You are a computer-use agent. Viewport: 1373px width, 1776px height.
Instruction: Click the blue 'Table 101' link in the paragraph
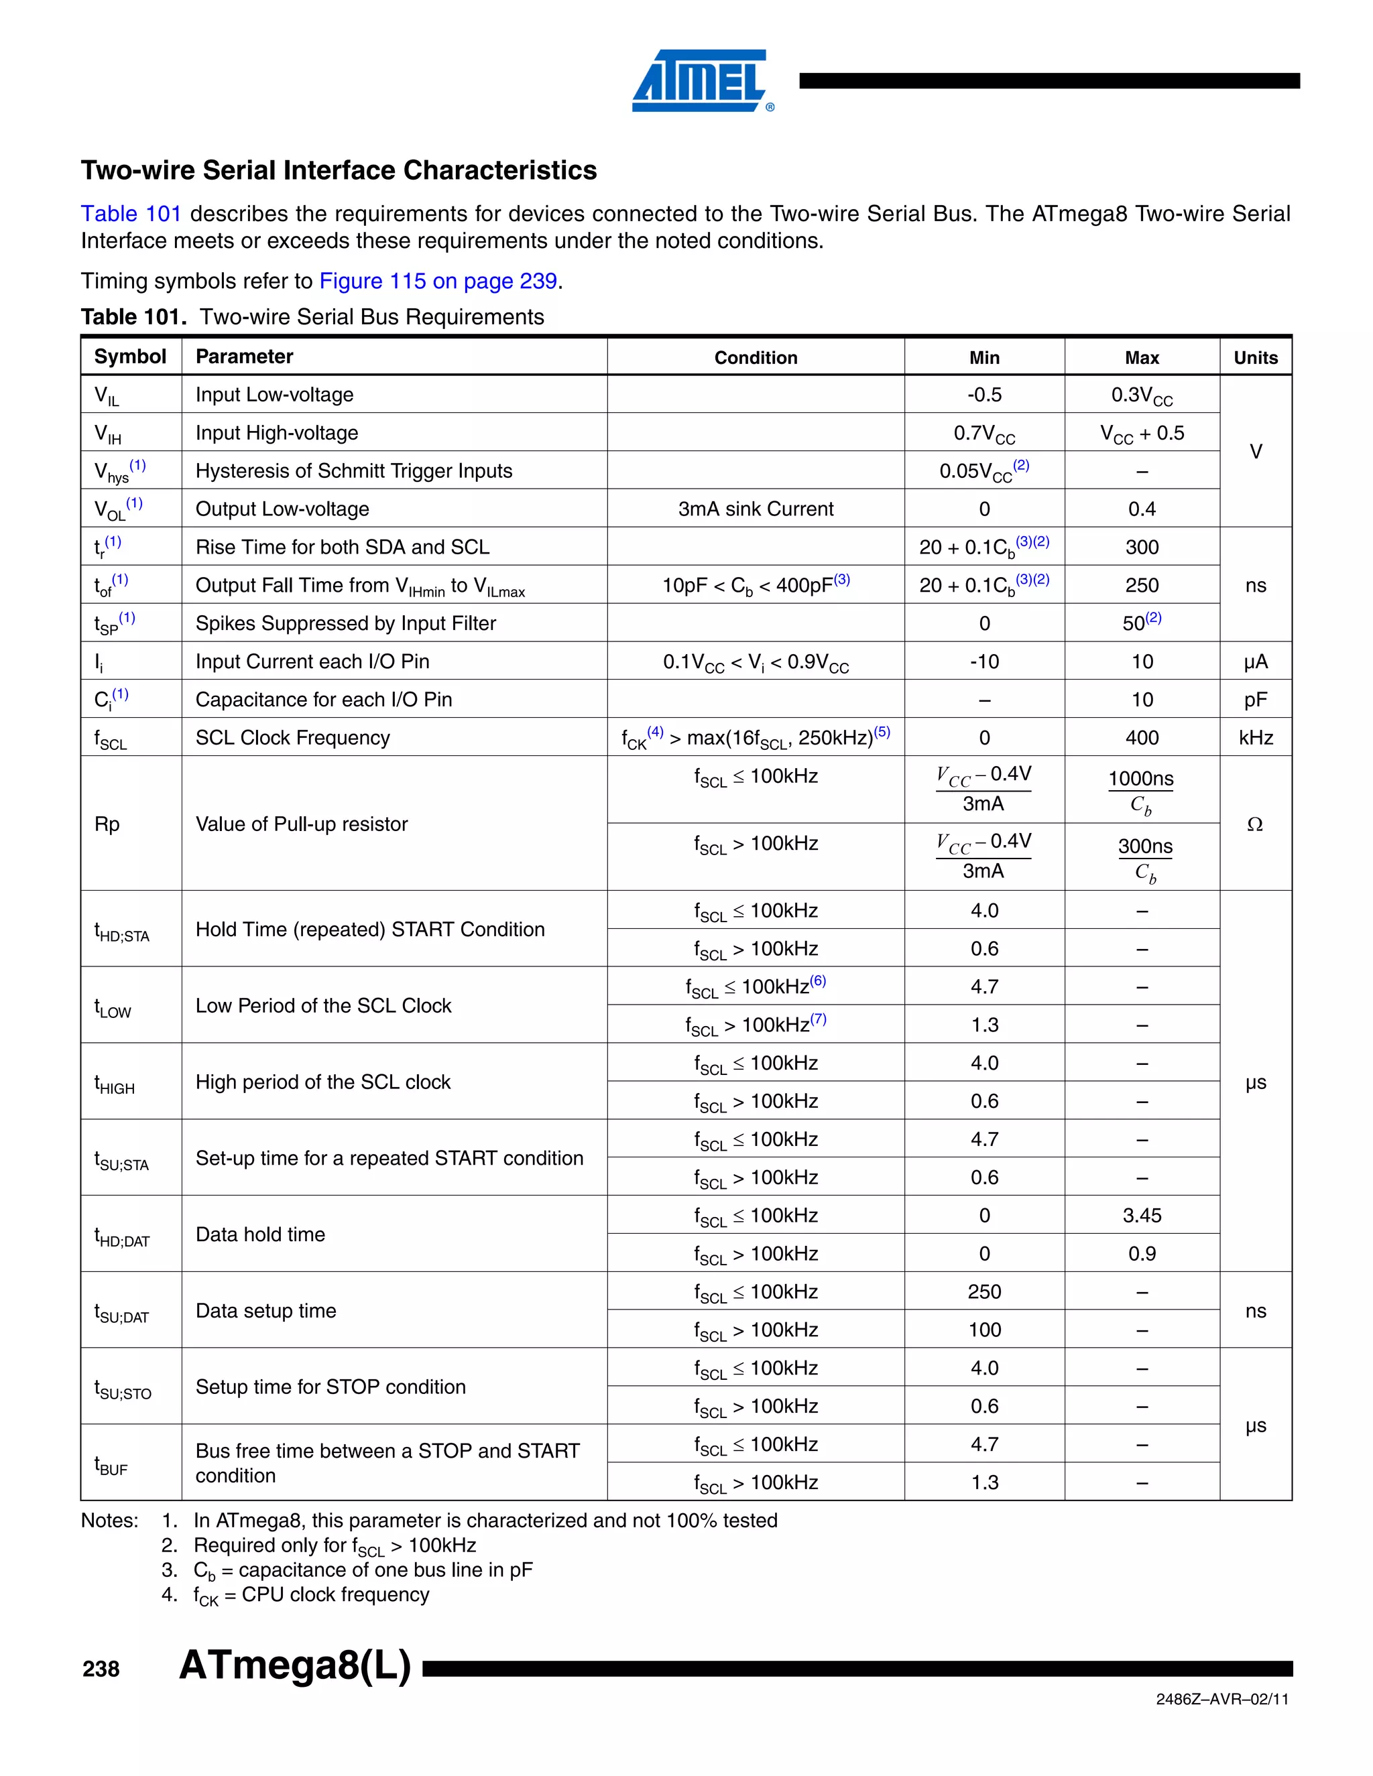(x=130, y=214)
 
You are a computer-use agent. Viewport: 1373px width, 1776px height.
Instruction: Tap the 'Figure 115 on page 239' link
(x=438, y=281)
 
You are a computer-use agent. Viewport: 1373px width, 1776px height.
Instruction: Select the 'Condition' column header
(x=755, y=358)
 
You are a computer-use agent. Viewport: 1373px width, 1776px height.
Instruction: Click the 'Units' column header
(x=1255, y=358)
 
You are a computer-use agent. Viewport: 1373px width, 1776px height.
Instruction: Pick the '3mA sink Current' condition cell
(x=755, y=509)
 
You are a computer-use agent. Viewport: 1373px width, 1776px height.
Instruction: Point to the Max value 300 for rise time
(x=1141, y=548)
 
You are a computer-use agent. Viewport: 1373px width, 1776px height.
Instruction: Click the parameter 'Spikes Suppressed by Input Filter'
(x=345, y=624)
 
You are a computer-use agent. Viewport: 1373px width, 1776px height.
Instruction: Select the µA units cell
(x=1255, y=662)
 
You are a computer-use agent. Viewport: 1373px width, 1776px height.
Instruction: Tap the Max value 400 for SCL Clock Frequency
(x=1141, y=739)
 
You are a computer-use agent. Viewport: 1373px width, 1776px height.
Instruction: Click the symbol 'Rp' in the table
(x=107, y=824)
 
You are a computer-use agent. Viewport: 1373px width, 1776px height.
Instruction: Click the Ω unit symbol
(x=1254, y=824)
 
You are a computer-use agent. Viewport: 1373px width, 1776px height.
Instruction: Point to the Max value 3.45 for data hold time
(x=1141, y=1216)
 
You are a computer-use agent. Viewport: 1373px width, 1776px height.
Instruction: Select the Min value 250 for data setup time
(x=984, y=1292)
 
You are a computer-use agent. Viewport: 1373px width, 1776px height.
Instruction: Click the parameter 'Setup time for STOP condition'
(x=331, y=1387)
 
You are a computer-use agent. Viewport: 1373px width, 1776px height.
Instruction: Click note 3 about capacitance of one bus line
(x=362, y=1570)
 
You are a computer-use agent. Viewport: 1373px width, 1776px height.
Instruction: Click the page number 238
(x=101, y=1669)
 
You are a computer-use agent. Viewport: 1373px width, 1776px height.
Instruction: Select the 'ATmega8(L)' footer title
(x=294, y=1665)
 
